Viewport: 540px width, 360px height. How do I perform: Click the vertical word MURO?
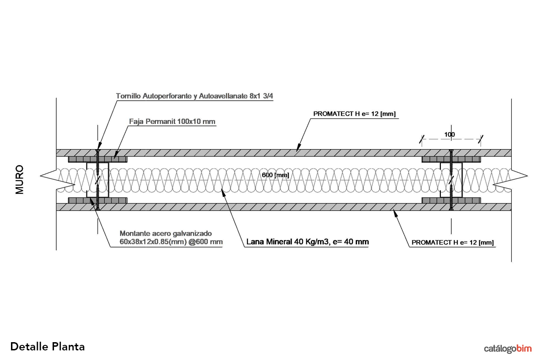20,180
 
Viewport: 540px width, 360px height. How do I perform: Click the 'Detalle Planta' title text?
48,346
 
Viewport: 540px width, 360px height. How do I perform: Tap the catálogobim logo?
508,349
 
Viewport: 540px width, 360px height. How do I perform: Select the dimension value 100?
449,134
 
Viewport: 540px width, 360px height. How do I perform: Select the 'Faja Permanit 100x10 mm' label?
172,122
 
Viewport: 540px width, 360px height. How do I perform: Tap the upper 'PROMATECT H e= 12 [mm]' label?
354,114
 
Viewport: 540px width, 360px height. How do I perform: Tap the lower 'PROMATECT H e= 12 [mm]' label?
453,242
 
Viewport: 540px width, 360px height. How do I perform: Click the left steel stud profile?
97,180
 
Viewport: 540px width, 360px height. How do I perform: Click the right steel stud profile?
451,180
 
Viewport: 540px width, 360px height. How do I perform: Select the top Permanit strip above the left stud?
97,159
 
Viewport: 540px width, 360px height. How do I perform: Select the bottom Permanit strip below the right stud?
451,200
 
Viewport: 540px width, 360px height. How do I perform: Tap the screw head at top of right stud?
451,151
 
